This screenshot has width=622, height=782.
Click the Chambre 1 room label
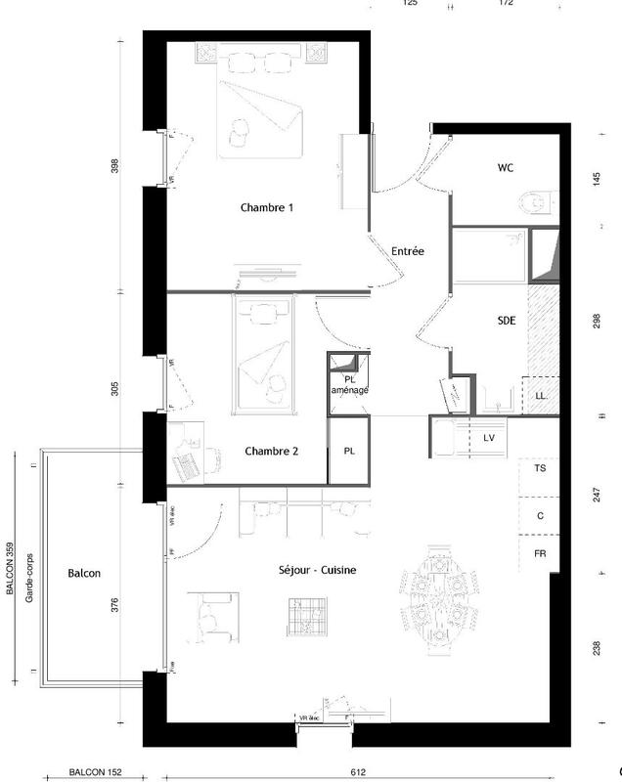pyautogui.click(x=267, y=207)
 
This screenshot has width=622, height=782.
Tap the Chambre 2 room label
pyautogui.click(x=271, y=451)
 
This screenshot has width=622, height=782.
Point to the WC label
pyautogui.click(x=506, y=168)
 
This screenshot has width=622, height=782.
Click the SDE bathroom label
pyautogui.click(x=507, y=320)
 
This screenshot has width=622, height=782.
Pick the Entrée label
pyautogui.click(x=408, y=251)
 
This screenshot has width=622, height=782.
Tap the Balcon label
pyautogui.click(x=84, y=574)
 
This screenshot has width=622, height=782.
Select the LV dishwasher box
pyautogui.click(x=489, y=437)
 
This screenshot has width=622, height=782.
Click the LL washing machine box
pyautogui.click(x=540, y=395)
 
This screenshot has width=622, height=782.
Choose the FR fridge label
pyautogui.click(x=539, y=553)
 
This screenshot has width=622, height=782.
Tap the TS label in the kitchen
pyautogui.click(x=539, y=469)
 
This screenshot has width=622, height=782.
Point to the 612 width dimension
pyautogui.click(x=357, y=772)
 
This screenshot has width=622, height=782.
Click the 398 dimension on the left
pyautogui.click(x=114, y=166)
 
